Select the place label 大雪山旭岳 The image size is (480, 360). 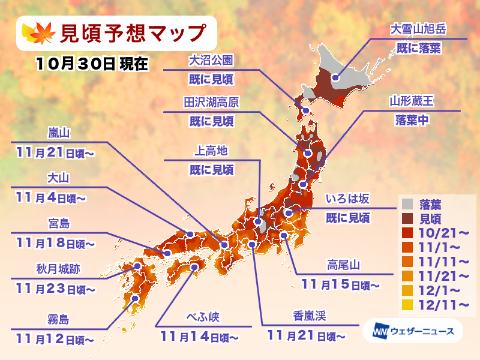tap(419, 29)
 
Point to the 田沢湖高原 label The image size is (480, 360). tap(211, 102)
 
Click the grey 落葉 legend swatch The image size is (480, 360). tap(407, 203)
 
